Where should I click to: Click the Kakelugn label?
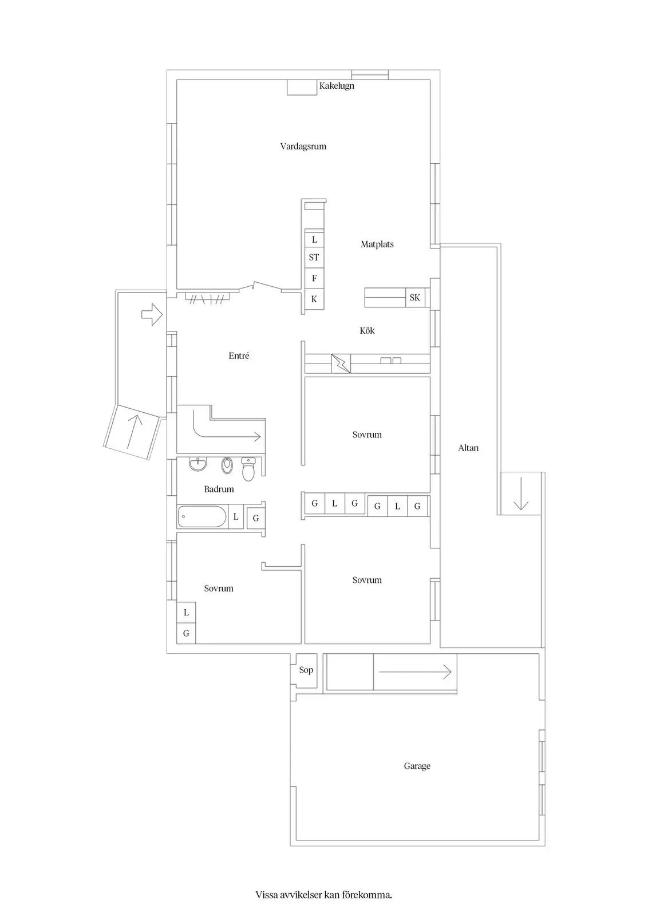click(x=337, y=86)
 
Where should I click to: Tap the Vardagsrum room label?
click(x=303, y=147)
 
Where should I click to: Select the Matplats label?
click(x=377, y=244)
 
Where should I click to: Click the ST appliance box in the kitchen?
click(x=314, y=258)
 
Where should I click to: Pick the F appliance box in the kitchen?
click(x=314, y=278)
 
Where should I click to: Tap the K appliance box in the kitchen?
click(x=314, y=299)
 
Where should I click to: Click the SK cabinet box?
click(x=415, y=297)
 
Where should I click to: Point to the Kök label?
click(x=367, y=330)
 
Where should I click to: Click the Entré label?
click(x=239, y=356)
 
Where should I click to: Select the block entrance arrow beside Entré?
click(x=152, y=314)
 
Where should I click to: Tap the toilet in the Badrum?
click(x=248, y=469)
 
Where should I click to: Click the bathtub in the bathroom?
click(x=202, y=517)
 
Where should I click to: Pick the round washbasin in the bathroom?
click(x=198, y=464)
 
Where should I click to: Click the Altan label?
click(x=468, y=448)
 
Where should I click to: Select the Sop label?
click(x=306, y=670)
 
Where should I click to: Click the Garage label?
click(x=417, y=766)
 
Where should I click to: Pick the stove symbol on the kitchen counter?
click(x=341, y=363)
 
